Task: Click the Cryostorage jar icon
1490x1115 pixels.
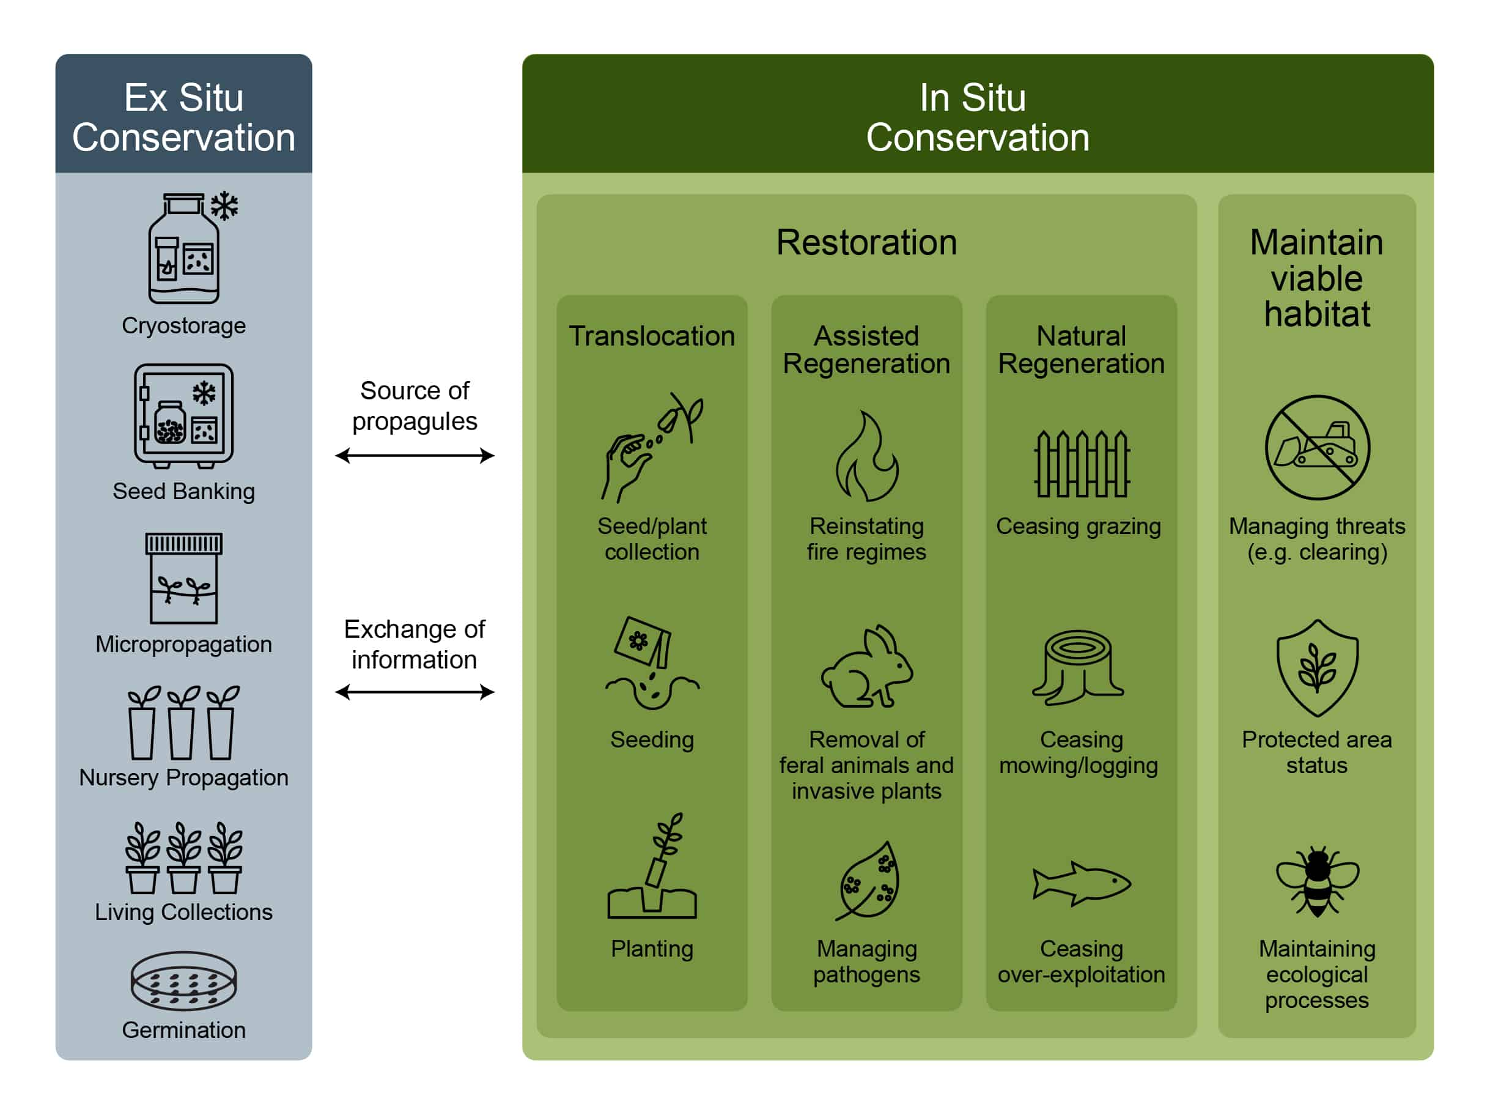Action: point(192,248)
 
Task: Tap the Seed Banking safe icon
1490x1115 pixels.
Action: point(184,416)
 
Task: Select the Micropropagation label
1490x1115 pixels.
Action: point(184,644)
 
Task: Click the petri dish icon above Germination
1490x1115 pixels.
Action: point(184,980)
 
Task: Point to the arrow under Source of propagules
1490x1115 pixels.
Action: point(415,456)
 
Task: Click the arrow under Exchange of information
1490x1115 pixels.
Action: point(415,692)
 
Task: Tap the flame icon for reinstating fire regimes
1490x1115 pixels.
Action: point(867,456)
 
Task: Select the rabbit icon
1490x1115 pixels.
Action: point(867,665)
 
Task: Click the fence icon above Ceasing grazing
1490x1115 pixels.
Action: point(1082,464)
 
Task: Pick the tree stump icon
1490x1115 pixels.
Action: point(1079,667)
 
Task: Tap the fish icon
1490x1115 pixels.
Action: point(1082,883)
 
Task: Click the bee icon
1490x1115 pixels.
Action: point(1318,881)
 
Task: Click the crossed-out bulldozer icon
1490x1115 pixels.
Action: point(1318,447)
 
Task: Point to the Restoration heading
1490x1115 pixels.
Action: point(867,243)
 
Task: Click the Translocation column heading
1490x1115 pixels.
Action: point(652,336)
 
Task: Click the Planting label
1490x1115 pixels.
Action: point(652,949)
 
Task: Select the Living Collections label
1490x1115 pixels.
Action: point(184,911)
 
